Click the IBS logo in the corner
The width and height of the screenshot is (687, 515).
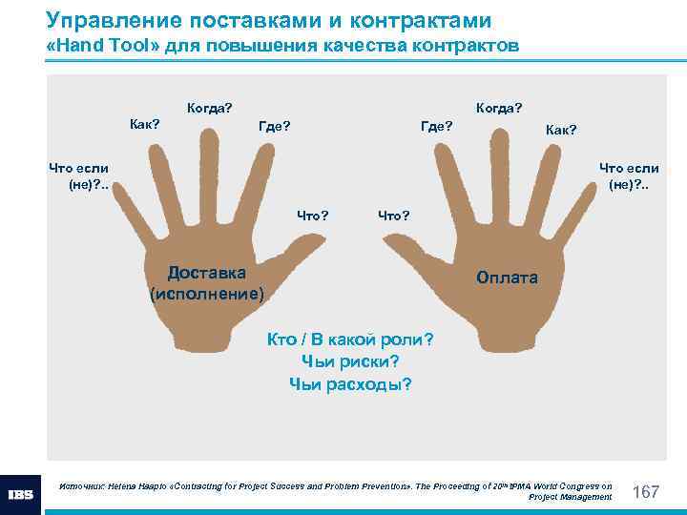tap(21, 494)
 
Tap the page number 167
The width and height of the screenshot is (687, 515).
tap(647, 492)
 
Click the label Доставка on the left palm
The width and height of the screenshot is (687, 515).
tap(206, 272)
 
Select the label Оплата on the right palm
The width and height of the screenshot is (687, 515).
tap(507, 278)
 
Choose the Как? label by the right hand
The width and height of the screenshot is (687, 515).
tap(561, 129)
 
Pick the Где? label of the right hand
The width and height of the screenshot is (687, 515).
tap(437, 124)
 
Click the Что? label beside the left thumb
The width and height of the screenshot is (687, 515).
tap(313, 215)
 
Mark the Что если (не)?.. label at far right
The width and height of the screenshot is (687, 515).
tap(629, 176)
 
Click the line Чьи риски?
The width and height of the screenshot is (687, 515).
tap(349, 361)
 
